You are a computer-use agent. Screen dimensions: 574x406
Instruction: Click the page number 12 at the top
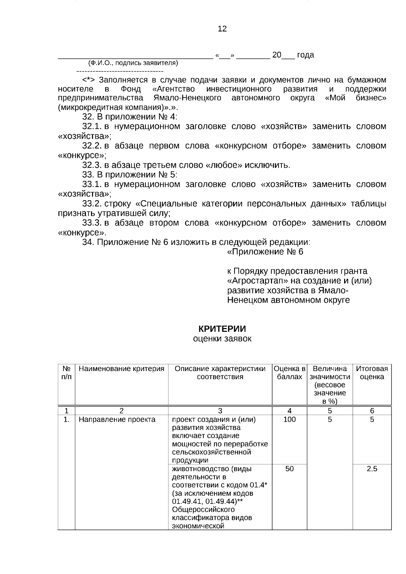[x=222, y=29]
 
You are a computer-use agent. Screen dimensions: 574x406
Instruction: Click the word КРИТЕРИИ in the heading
[x=222, y=329]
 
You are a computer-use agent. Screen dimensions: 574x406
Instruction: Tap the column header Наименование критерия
[x=121, y=369]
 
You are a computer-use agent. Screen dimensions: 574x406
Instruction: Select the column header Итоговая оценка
[x=372, y=373]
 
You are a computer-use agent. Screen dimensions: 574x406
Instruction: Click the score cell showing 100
[x=290, y=420]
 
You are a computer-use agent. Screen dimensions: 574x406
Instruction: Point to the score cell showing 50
[x=290, y=469]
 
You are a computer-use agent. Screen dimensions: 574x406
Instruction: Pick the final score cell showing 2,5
[x=372, y=469]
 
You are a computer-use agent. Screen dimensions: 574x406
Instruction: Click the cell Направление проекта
[x=117, y=420]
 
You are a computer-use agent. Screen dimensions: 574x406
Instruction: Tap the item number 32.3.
[x=92, y=165]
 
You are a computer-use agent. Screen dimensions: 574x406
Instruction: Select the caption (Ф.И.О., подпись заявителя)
[x=133, y=63]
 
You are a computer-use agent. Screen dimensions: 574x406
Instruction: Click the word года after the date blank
[x=305, y=55]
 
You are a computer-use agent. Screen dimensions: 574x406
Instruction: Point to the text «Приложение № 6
[x=265, y=252]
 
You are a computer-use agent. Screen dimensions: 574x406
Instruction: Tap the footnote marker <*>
[x=89, y=80]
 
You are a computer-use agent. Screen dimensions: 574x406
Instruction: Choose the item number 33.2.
[x=92, y=204]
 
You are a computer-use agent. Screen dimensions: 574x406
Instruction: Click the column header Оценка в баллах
[x=290, y=373]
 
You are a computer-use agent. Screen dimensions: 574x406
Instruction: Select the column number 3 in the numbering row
[x=220, y=411]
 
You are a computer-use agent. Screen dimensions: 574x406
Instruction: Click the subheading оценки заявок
[x=222, y=339]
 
